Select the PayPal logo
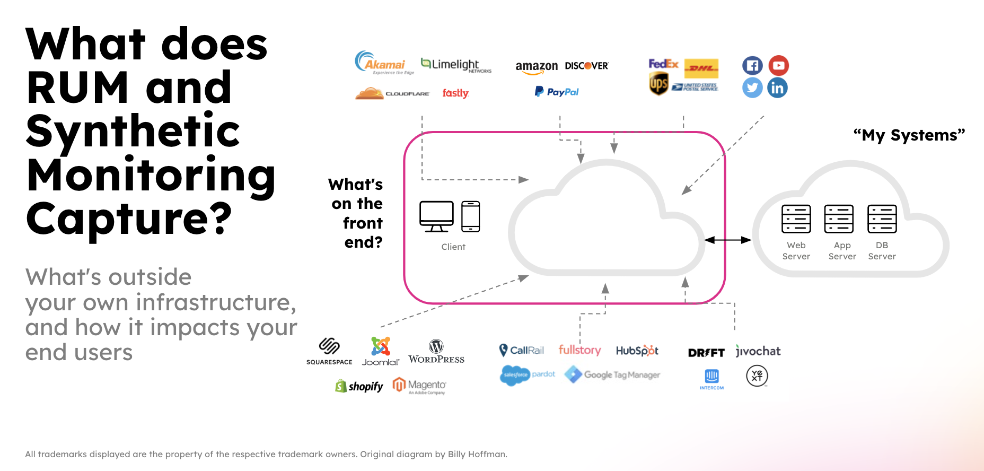[557, 92]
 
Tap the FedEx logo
[663, 64]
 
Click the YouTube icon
[778, 66]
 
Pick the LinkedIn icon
[777, 88]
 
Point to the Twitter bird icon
[752, 88]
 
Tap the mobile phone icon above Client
[470, 216]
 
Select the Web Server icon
[796, 219]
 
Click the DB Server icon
[882, 219]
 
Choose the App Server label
[842, 251]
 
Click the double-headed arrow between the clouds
[727, 240]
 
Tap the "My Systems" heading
[909, 135]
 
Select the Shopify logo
[359, 386]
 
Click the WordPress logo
[436, 352]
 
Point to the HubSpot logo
[637, 351]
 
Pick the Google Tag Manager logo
[612, 375]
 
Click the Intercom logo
[711, 379]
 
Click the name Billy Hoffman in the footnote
[477, 454]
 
